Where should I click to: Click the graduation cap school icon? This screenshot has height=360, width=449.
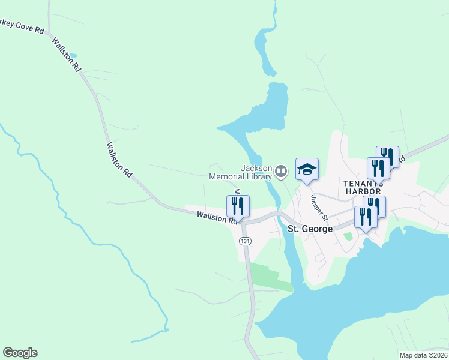click(307, 170)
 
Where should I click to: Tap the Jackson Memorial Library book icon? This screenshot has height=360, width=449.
click(280, 172)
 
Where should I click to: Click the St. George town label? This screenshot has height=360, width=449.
click(310, 229)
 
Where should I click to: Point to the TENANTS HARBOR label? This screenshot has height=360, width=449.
click(363, 187)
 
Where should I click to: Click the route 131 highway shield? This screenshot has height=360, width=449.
click(244, 241)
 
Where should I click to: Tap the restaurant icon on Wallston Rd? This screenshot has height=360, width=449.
click(238, 206)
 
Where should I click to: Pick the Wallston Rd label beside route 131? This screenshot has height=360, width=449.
click(217, 218)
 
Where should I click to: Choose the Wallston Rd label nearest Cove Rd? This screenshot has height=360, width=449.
click(66, 55)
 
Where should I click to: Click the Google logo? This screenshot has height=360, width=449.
click(20, 353)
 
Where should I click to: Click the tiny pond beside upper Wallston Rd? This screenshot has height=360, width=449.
click(73, 56)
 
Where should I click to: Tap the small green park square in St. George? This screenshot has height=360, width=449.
click(348, 236)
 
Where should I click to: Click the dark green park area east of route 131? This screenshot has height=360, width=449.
click(267, 277)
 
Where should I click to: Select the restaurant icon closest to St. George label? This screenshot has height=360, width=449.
click(366, 217)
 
